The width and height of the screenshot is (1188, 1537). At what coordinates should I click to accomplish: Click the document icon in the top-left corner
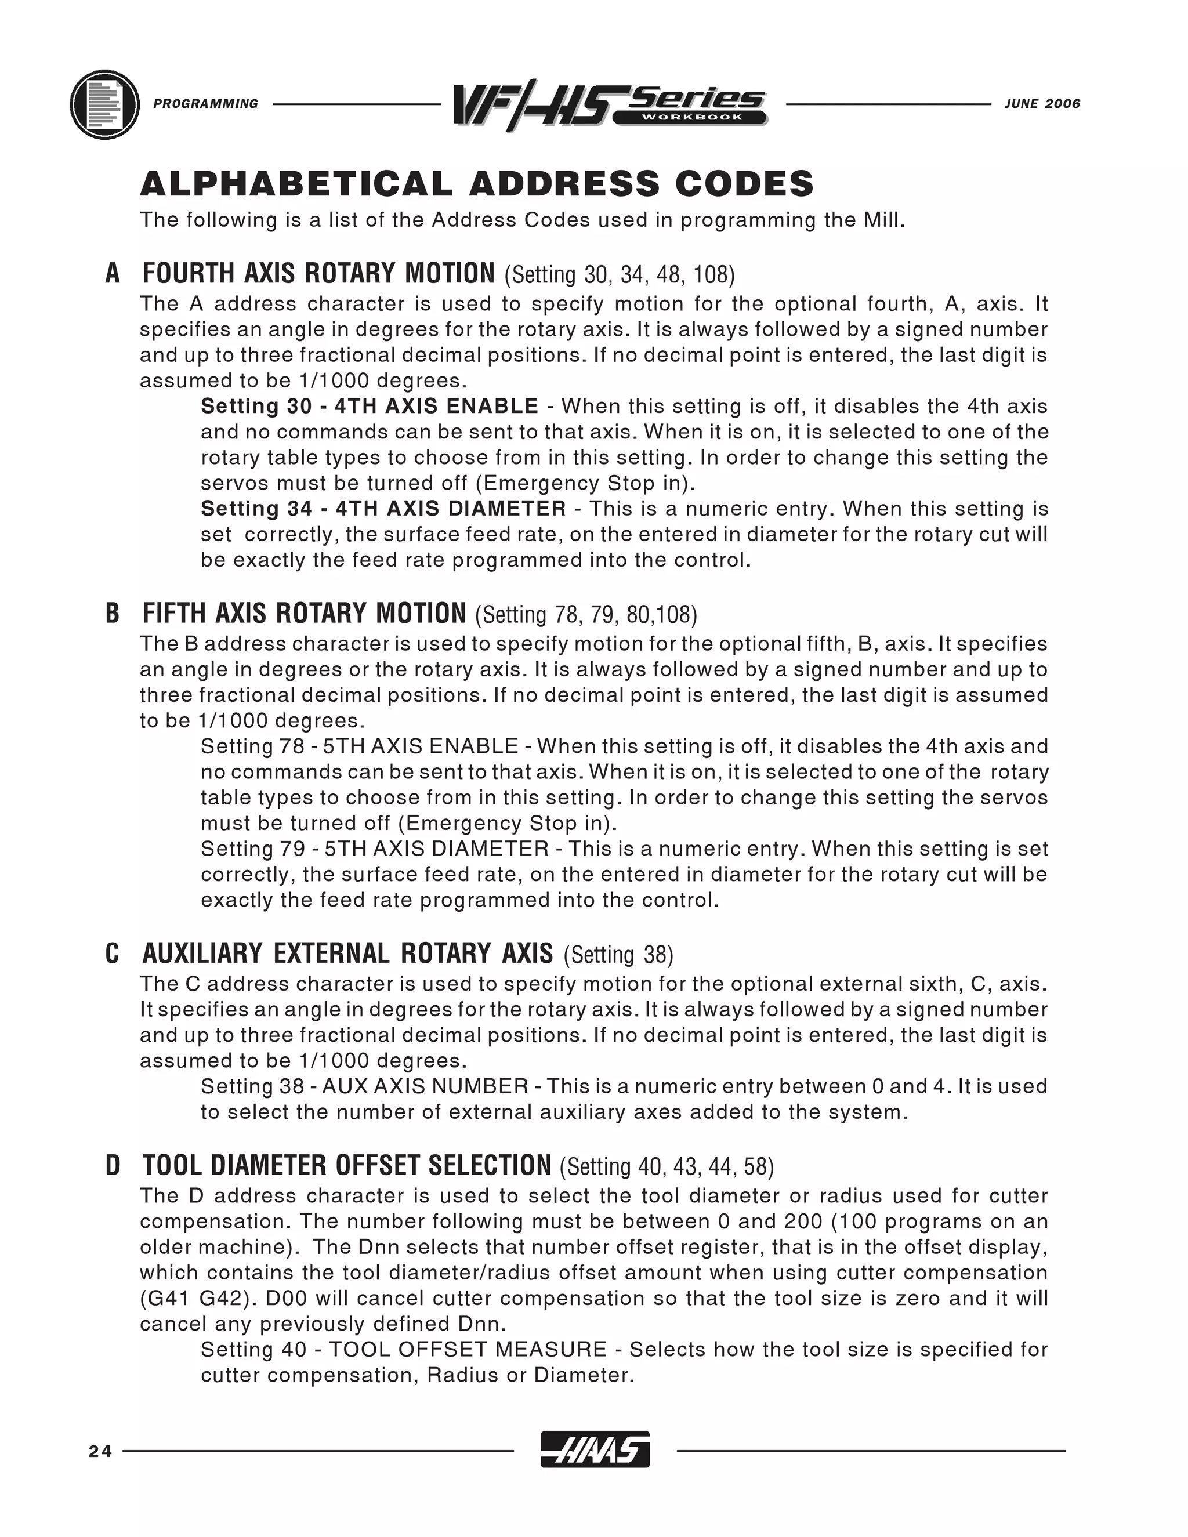pos(105,105)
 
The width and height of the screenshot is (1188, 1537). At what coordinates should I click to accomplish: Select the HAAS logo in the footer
pos(595,1451)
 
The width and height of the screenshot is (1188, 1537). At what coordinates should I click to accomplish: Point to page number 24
pos(100,1451)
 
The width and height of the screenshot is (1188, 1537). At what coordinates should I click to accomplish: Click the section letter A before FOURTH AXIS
pos(113,274)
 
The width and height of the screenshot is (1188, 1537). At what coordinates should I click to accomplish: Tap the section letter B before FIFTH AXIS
pos(113,614)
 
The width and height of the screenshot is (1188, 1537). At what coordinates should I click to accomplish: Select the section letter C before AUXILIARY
pos(113,954)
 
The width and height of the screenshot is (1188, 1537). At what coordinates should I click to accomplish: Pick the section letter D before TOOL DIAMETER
pos(113,1166)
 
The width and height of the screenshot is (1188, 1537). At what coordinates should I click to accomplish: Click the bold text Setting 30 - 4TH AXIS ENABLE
pos(370,406)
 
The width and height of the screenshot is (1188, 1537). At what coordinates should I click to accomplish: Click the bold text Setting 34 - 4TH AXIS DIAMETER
pos(383,508)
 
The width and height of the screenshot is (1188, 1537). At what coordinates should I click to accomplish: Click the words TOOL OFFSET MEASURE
pos(468,1349)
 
